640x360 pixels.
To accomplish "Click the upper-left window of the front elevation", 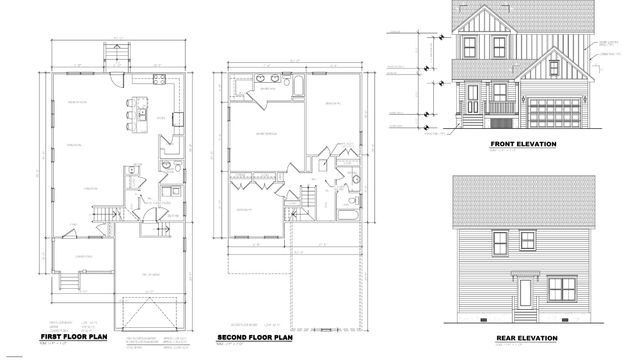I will [x=470, y=44].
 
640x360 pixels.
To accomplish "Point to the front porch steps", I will [x=497, y=125].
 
